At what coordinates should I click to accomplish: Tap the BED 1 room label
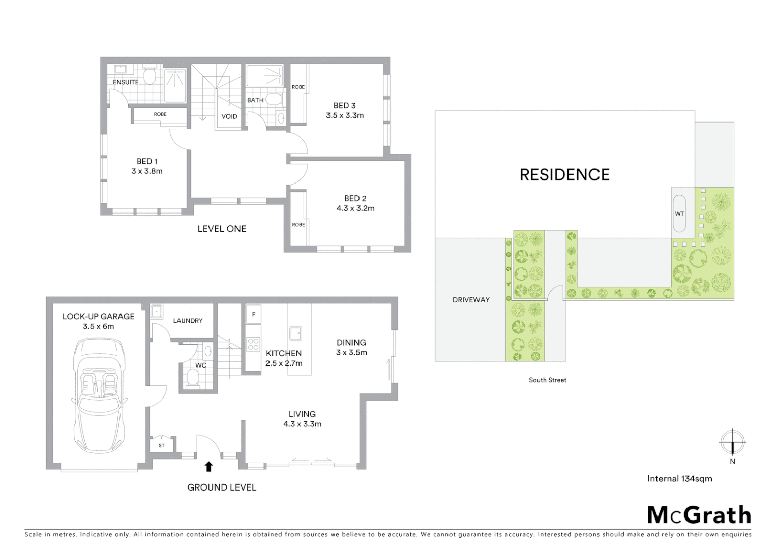click(x=147, y=161)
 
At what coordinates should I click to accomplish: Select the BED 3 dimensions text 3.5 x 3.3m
click(x=345, y=115)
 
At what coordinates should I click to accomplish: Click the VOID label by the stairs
click(x=229, y=116)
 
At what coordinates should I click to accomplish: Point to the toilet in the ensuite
click(x=149, y=76)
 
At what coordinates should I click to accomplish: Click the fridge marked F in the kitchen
click(x=254, y=314)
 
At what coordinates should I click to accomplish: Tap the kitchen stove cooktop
click(x=253, y=344)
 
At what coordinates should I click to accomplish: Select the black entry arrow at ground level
click(x=208, y=467)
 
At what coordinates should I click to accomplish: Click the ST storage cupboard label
click(x=162, y=446)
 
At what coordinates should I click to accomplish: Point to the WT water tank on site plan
click(x=679, y=213)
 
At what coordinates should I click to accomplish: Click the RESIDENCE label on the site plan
click(x=564, y=175)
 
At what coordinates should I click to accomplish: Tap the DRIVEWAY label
click(x=471, y=300)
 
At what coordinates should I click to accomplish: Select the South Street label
click(x=547, y=380)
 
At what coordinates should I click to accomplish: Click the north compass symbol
click(x=732, y=442)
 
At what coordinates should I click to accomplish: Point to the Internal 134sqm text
click(x=679, y=478)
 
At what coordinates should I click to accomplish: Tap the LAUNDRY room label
click(x=188, y=321)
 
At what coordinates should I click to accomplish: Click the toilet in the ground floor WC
click(x=193, y=378)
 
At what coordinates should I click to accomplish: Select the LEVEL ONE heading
click(x=222, y=229)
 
